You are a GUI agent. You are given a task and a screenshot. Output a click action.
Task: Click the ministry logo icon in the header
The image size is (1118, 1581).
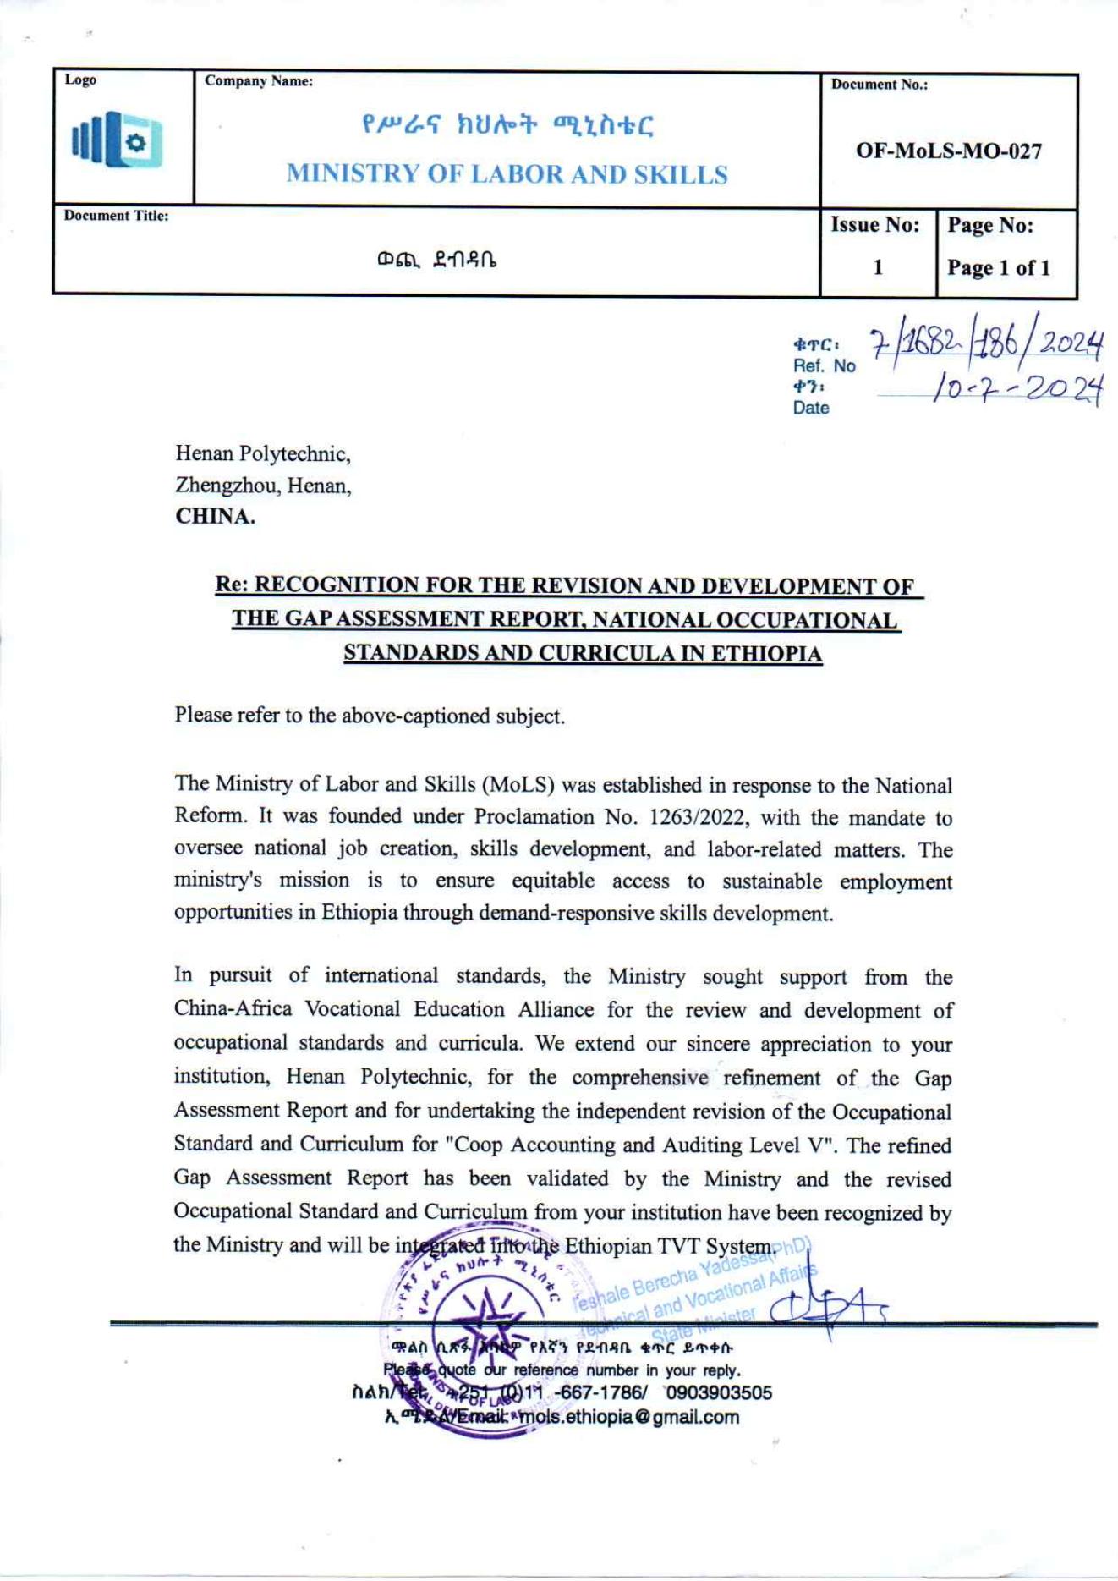coord(118,140)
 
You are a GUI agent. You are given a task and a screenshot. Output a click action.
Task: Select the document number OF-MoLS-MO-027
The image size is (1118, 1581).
coord(948,151)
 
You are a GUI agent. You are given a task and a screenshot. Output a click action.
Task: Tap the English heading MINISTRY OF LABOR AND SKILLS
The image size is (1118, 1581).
coord(507,174)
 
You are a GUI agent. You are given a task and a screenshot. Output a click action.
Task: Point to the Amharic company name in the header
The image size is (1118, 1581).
coord(507,127)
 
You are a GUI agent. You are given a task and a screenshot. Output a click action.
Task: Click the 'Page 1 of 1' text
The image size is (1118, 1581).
coord(998,268)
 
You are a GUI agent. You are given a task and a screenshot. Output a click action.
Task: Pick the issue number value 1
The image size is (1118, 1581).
coord(878,267)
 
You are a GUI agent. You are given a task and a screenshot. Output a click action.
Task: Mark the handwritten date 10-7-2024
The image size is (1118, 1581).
coord(1017,388)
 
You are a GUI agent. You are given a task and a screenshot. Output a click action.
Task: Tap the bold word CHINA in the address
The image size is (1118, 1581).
coord(215,517)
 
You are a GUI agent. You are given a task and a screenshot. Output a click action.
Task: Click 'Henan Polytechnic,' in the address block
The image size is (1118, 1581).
coord(262,454)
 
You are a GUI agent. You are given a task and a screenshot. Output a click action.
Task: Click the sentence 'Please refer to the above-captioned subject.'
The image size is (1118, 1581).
coord(370,716)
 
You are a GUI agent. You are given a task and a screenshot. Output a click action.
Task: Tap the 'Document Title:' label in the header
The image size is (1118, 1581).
coord(116,216)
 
